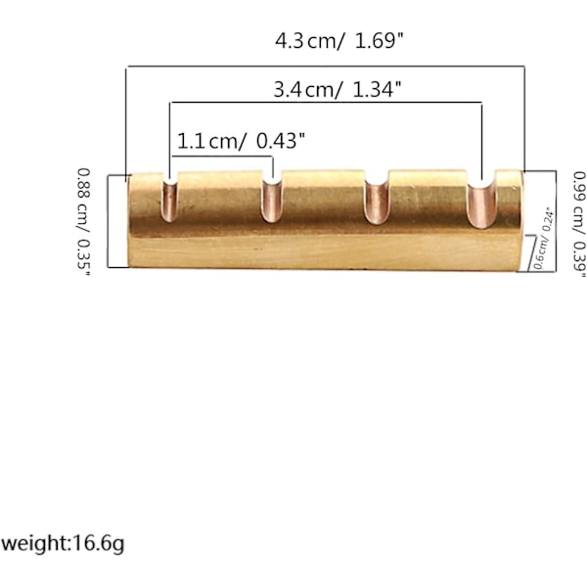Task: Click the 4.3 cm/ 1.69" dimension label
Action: [x=339, y=41]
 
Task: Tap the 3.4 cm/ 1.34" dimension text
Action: [x=338, y=90]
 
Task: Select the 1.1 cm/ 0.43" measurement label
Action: [x=241, y=141]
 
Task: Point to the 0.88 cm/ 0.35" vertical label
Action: [x=84, y=223]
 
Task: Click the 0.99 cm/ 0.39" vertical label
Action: [x=579, y=225]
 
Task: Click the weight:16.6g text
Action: [x=63, y=544]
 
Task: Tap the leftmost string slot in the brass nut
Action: [x=169, y=201]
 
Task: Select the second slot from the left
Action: [x=272, y=202]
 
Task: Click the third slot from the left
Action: [x=377, y=203]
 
